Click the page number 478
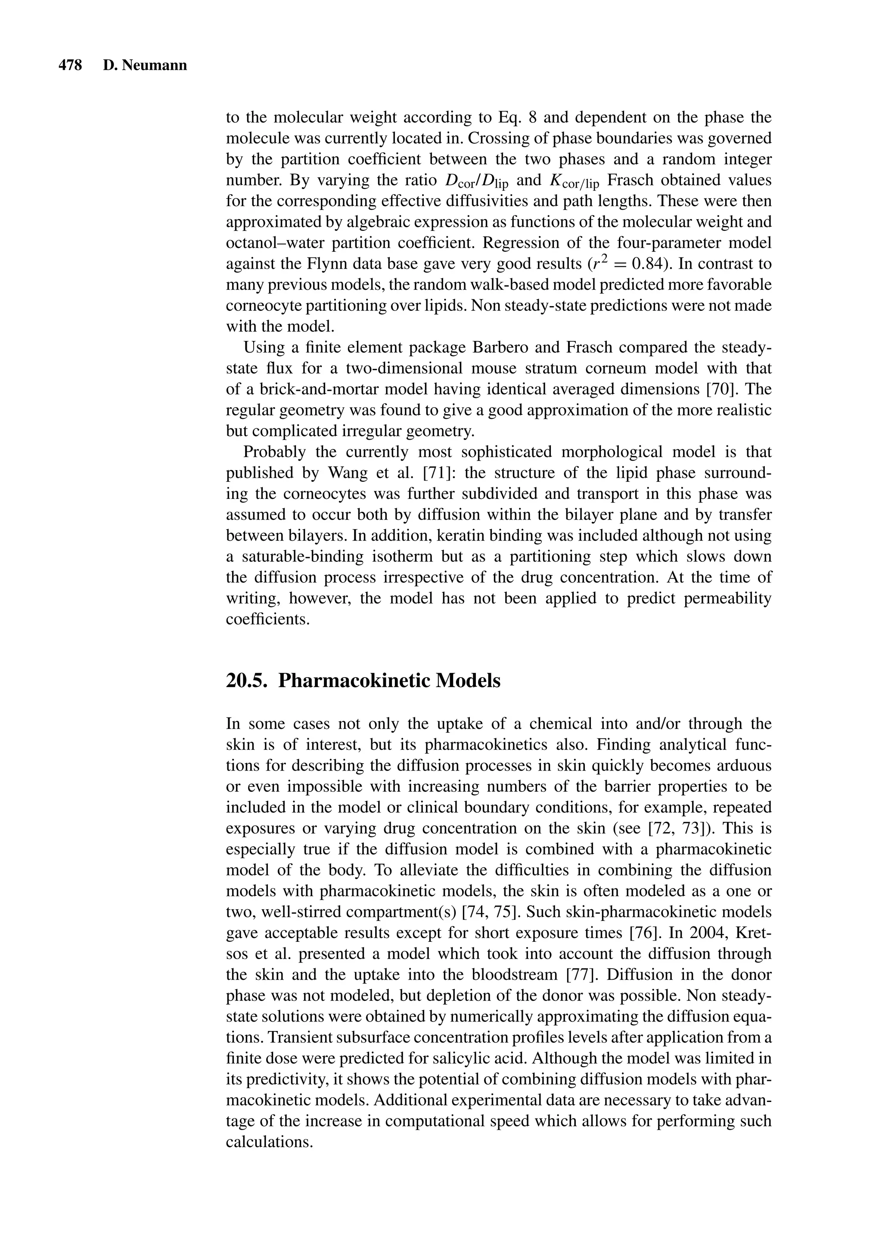click(x=70, y=65)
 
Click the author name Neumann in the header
click(x=154, y=65)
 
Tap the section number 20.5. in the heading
click(x=248, y=681)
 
